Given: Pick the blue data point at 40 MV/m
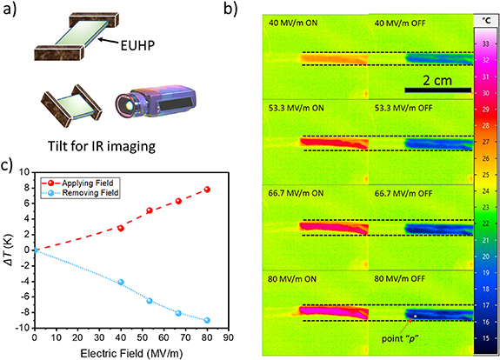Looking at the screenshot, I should [x=121, y=283].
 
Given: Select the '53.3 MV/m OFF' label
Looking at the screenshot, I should [x=403, y=105].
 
